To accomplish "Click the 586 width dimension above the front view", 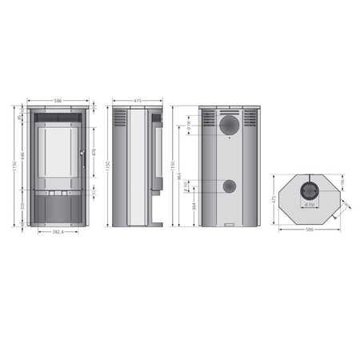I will pos(58,101).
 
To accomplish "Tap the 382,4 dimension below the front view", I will pos(58,232).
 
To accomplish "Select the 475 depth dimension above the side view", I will pos(138,101).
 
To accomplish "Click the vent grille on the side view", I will pos(119,118).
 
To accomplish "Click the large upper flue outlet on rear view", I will pos(230,124).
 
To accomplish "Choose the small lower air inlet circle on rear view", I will pos(230,186).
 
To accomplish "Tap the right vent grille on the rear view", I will pos(250,118).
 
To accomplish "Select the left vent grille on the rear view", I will pos(209,118).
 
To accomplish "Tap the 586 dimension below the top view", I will pos(309,230).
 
